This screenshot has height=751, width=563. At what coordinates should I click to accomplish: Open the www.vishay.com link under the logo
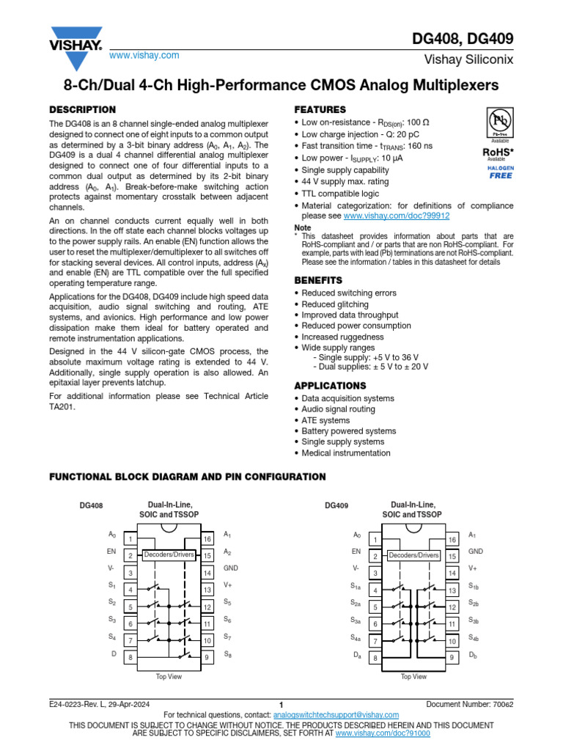point(144,56)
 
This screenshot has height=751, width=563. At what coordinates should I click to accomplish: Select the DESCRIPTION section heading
point(82,109)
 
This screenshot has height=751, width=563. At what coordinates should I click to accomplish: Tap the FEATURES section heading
point(320,109)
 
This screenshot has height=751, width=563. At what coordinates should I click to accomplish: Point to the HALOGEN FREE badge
point(501,172)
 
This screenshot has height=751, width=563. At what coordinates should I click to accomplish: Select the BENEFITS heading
point(318,280)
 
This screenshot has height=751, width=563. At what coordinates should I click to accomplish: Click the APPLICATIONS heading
point(330,386)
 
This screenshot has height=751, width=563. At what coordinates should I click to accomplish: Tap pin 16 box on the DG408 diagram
point(207,539)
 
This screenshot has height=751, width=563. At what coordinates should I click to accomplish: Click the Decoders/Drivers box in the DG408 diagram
point(169,554)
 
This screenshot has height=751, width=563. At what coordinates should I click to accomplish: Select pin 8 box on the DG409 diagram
point(375,658)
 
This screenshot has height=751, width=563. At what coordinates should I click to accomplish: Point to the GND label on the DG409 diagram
point(476,551)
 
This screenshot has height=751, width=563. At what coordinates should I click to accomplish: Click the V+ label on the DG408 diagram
point(228,585)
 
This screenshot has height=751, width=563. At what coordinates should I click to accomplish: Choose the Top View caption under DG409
point(413,676)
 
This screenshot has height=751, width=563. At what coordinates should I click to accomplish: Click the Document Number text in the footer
point(470,705)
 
